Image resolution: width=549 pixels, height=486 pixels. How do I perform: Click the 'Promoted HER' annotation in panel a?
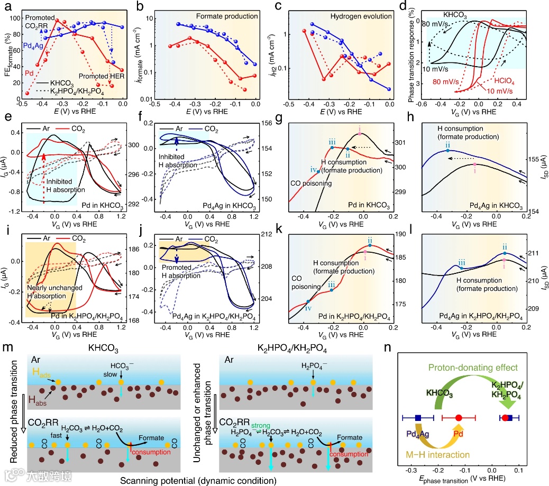click(x=99, y=77)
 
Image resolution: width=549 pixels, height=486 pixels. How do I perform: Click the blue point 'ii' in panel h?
click(x=447, y=151)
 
